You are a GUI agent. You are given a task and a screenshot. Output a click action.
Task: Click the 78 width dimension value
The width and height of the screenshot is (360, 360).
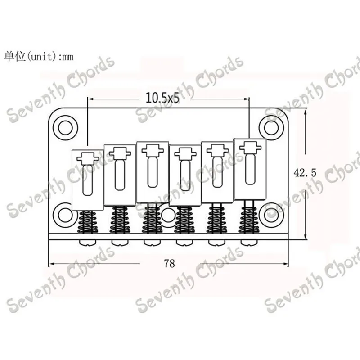[170, 264]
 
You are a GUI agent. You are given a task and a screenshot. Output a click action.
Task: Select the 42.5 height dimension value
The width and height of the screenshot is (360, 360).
[305, 173]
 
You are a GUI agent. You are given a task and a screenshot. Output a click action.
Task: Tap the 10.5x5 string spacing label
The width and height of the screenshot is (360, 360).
[162, 98]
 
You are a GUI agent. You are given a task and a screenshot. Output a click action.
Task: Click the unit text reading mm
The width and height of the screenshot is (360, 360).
[68, 57]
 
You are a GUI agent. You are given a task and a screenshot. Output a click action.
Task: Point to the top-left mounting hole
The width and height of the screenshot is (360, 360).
[65, 128]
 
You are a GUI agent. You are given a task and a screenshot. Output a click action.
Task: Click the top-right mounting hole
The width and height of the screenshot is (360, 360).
[271, 128]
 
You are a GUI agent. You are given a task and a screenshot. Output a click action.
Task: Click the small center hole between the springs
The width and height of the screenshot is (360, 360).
[168, 215]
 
